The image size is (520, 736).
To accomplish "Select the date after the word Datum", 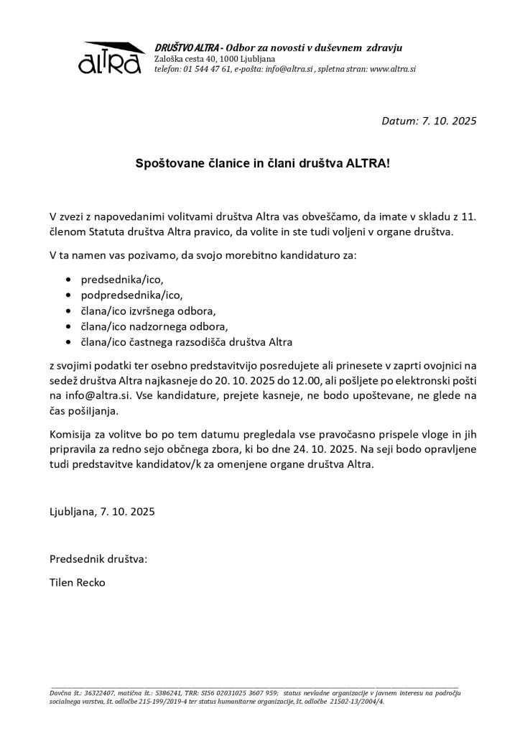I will point(448,120).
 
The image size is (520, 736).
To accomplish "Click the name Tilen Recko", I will point(77,582).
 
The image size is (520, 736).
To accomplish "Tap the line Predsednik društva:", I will point(98,558).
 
